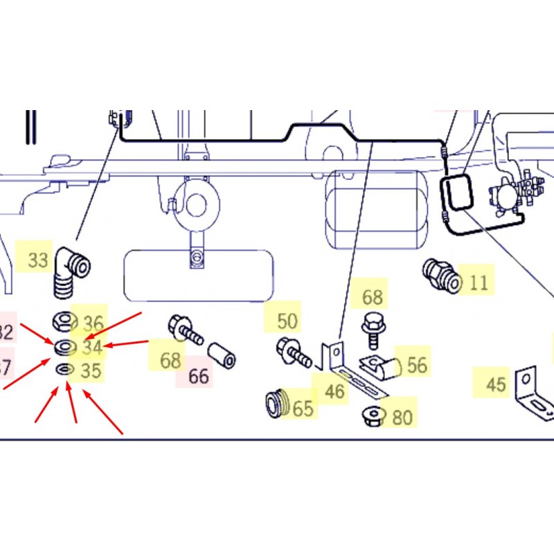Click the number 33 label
tap(38, 260)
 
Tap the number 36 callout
tap(93, 323)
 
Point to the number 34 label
tap(92, 346)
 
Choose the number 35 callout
tap(91, 371)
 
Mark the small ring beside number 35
tap(64, 369)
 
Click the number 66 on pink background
tap(198, 377)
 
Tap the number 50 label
tap(287, 321)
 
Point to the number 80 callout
tap(402, 418)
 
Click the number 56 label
tap(417, 365)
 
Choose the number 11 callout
tap(478, 283)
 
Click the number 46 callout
tap(334, 392)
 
